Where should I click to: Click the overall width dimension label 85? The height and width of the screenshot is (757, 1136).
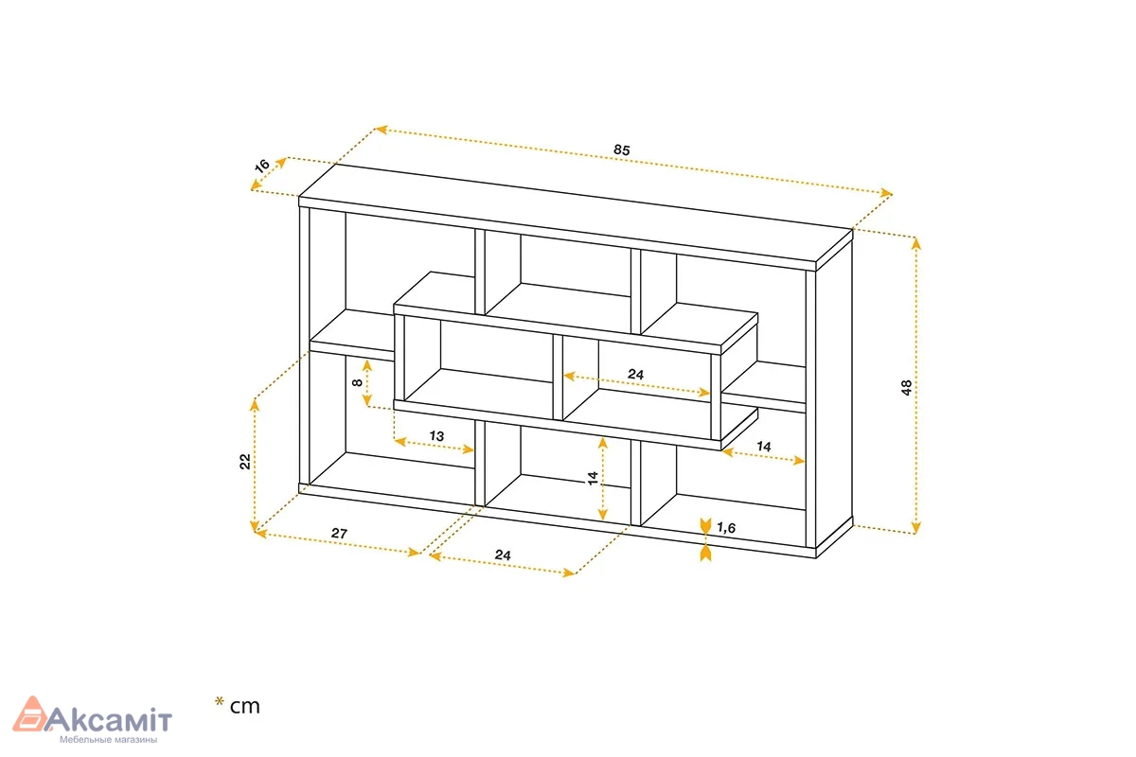click(x=622, y=150)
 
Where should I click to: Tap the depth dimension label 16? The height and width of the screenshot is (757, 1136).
click(x=261, y=166)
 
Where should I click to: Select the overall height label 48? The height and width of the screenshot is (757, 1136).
click(x=907, y=387)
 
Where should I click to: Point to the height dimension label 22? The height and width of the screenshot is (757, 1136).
click(x=245, y=462)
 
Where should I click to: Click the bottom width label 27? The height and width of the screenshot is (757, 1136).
click(x=339, y=534)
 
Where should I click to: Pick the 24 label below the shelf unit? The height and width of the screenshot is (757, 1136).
click(x=503, y=555)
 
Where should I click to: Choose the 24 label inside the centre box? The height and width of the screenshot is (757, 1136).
click(x=635, y=374)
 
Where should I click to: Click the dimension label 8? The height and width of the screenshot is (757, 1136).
click(x=358, y=382)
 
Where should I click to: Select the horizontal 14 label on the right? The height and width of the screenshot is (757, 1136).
click(x=763, y=447)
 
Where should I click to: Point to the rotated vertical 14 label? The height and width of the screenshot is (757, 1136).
click(x=593, y=478)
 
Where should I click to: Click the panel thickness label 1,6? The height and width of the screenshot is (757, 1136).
click(x=726, y=528)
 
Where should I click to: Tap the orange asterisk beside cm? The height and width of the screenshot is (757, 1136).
click(x=219, y=702)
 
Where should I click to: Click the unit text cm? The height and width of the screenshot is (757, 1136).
click(x=245, y=706)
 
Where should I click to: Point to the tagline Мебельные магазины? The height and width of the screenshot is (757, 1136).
click(x=109, y=740)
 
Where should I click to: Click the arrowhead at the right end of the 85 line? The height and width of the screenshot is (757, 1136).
click(x=886, y=193)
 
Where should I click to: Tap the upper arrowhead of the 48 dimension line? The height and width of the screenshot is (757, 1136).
click(x=916, y=244)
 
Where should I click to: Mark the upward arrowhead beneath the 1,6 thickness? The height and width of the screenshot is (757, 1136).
click(x=705, y=554)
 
